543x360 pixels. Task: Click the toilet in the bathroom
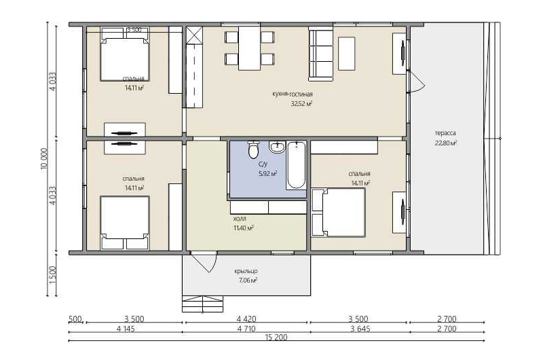253,149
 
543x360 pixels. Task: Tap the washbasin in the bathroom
277,147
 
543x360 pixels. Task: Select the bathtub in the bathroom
296,165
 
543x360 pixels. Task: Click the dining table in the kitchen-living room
249,48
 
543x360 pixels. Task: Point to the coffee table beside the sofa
346,54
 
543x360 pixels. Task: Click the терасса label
445,133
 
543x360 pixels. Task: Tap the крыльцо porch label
246,271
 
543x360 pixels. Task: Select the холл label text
240,219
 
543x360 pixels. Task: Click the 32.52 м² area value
301,103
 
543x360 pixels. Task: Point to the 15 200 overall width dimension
276,338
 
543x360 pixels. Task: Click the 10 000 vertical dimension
44,159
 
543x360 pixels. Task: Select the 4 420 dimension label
246,319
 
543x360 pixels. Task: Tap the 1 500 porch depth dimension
53,275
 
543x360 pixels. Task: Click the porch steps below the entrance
202,304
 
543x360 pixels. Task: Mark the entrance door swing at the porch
204,263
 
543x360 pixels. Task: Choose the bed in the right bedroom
338,213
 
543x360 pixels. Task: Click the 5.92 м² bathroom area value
267,174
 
